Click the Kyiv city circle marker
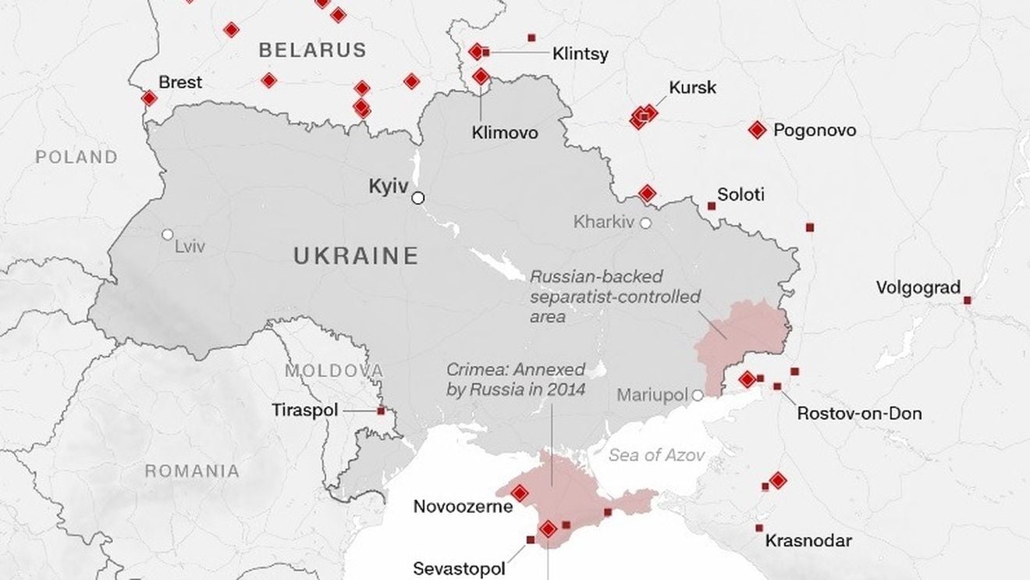click(418, 198)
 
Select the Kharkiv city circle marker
click(646, 223)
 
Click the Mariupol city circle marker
click(698, 396)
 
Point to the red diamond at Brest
click(149, 98)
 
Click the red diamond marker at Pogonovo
click(756, 130)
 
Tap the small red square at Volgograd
click(968, 300)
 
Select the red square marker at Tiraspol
click(381, 411)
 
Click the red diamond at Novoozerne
click(519, 493)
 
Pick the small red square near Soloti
click(712, 206)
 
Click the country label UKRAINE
click(356, 256)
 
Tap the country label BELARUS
click(312, 51)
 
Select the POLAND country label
click(76, 157)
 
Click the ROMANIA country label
click(192, 471)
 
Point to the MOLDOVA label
click(333, 371)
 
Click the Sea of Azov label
click(657, 455)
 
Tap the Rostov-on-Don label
click(858, 414)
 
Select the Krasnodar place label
click(808, 540)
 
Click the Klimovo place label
click(505, 133)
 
